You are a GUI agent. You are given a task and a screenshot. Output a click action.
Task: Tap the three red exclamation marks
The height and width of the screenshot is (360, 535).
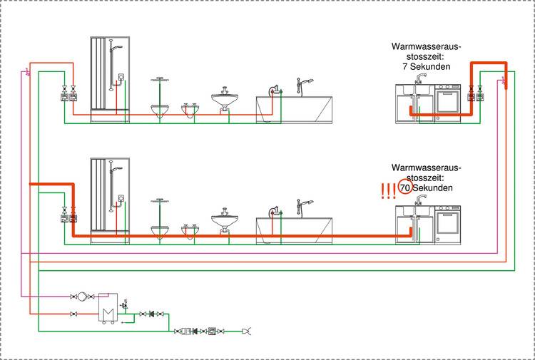click(x=388, y=190)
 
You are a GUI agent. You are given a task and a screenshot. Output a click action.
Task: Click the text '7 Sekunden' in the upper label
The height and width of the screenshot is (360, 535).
click(x=425, y=66)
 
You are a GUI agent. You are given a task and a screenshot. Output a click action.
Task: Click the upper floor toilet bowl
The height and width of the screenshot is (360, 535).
click(x=160, y=108)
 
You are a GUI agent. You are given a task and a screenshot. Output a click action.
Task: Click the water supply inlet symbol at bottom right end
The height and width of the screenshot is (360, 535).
click(x=247, y=331)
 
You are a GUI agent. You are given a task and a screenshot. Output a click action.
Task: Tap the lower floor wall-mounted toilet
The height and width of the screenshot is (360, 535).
click(x=160, y=230)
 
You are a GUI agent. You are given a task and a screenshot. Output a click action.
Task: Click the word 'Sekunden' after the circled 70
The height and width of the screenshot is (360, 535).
click(x=434, y=188)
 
